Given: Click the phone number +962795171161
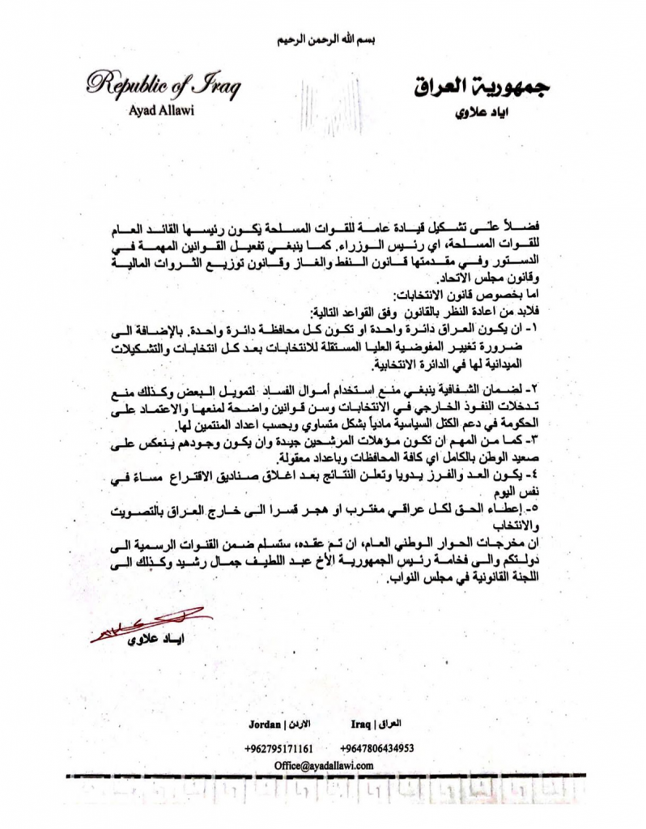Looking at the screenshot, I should click(278, 748).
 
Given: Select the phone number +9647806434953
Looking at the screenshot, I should click(377, 748).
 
